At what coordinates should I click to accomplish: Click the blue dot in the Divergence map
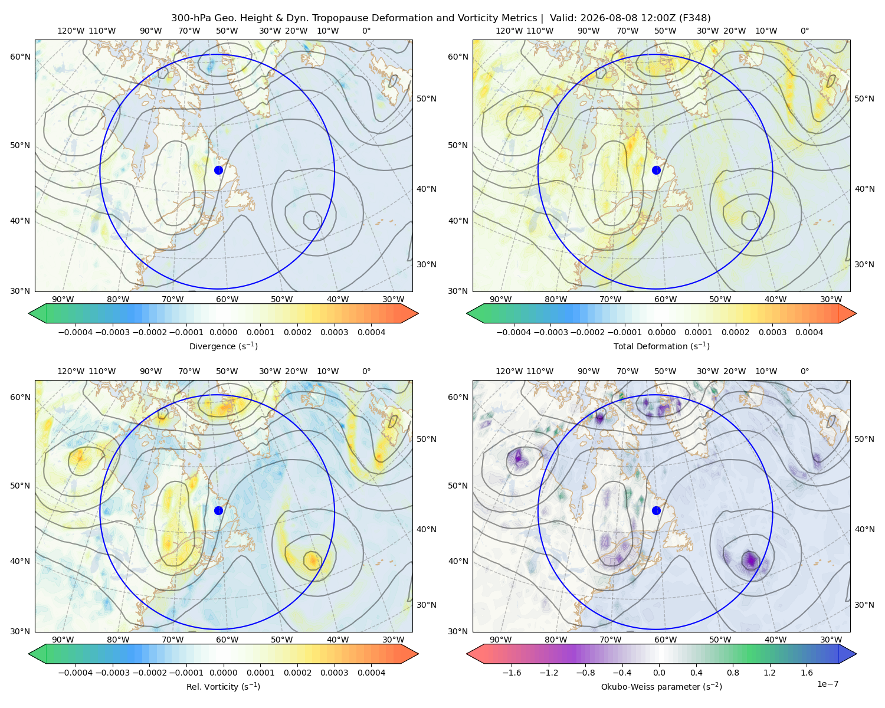218,170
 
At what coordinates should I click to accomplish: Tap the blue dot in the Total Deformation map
656,170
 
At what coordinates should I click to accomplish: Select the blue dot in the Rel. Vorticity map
218,510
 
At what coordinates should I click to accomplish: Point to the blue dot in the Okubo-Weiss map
656,510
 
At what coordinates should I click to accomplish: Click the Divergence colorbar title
223,346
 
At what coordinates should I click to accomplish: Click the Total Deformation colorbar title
661,346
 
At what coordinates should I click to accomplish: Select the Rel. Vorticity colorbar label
223,686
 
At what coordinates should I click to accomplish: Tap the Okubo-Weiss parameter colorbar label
661,686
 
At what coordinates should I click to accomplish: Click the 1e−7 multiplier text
827,684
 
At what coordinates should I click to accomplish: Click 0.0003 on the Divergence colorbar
334,332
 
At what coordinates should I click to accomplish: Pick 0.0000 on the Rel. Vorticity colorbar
223,672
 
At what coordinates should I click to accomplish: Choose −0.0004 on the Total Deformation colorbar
513,332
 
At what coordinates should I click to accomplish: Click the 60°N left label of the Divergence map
20,57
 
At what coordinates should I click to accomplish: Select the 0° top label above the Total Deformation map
804,31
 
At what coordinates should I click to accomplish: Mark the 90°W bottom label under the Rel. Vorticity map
63,640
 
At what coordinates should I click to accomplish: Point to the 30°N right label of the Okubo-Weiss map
864,604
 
